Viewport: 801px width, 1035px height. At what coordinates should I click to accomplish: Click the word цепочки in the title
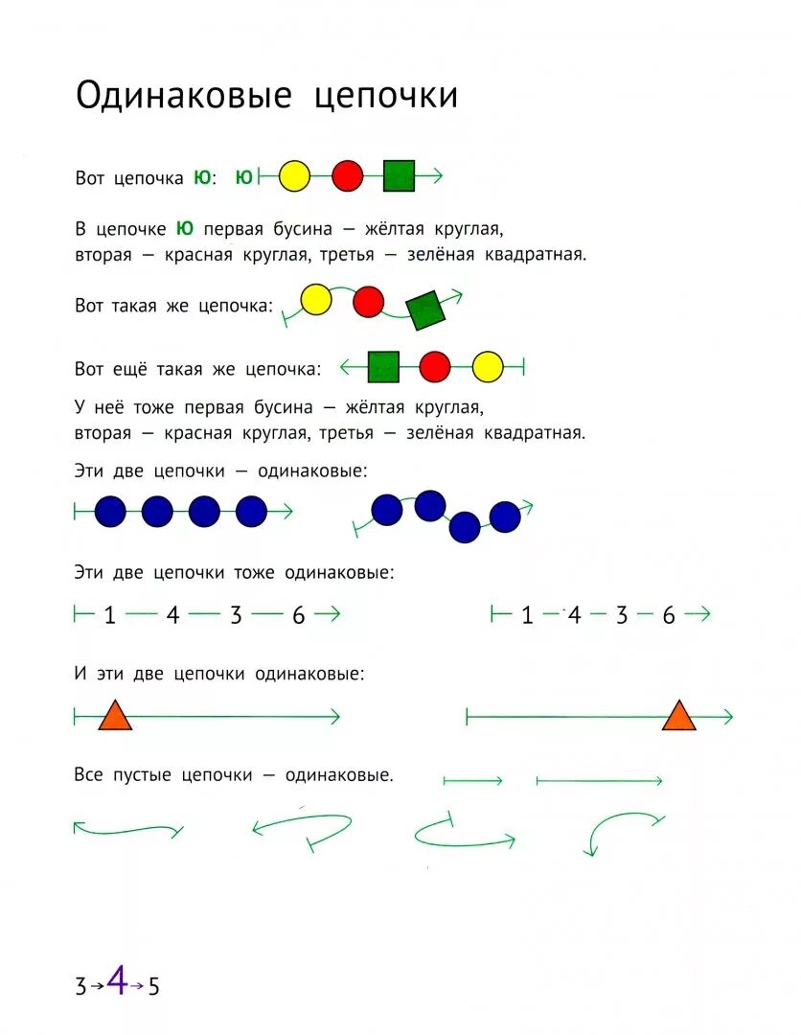point(386,98)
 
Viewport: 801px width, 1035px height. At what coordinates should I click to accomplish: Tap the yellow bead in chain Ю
point(294,176)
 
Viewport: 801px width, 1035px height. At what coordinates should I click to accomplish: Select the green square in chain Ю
point(399,176)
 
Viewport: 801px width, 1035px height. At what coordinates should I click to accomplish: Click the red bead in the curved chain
point(368,302)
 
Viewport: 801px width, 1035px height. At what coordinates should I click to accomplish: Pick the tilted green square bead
point(424,310)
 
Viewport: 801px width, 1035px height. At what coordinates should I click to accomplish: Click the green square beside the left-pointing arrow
point(383,366)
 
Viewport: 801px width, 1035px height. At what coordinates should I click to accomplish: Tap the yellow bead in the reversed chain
point(488,366)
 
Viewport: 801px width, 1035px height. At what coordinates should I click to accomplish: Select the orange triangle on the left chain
point(115,717)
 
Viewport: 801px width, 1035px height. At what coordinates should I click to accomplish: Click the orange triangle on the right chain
point(678,717)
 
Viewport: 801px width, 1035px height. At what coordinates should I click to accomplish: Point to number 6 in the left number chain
point(298,616)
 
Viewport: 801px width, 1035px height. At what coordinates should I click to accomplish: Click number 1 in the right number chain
point(527,616)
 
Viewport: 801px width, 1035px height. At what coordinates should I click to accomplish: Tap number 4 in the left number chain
point(172,616)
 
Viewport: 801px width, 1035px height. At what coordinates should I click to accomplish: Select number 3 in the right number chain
point(621,616)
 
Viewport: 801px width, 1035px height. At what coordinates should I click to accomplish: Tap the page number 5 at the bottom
point(153,986)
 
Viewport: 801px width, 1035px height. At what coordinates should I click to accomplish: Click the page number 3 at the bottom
point(80,986)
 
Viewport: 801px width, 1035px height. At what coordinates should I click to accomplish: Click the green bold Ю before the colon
point(201,177)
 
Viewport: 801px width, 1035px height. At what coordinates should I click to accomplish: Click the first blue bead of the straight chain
point(110,512)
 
